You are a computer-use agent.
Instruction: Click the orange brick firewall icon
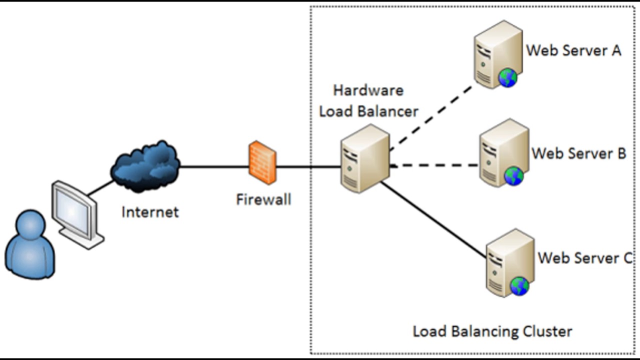point(262,162)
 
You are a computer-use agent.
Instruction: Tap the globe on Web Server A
point(507,78)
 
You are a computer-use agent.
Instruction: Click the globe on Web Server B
point(513,176)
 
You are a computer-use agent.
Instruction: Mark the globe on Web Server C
point(519,286)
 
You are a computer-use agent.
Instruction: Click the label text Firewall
point(263,199)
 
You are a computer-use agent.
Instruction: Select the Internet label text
point(150,211)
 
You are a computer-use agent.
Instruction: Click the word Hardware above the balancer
point(368,90)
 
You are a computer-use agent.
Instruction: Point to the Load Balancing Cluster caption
point(492,331)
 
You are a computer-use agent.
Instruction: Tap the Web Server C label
point(584,258)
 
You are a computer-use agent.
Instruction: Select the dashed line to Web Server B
point(435,165)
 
